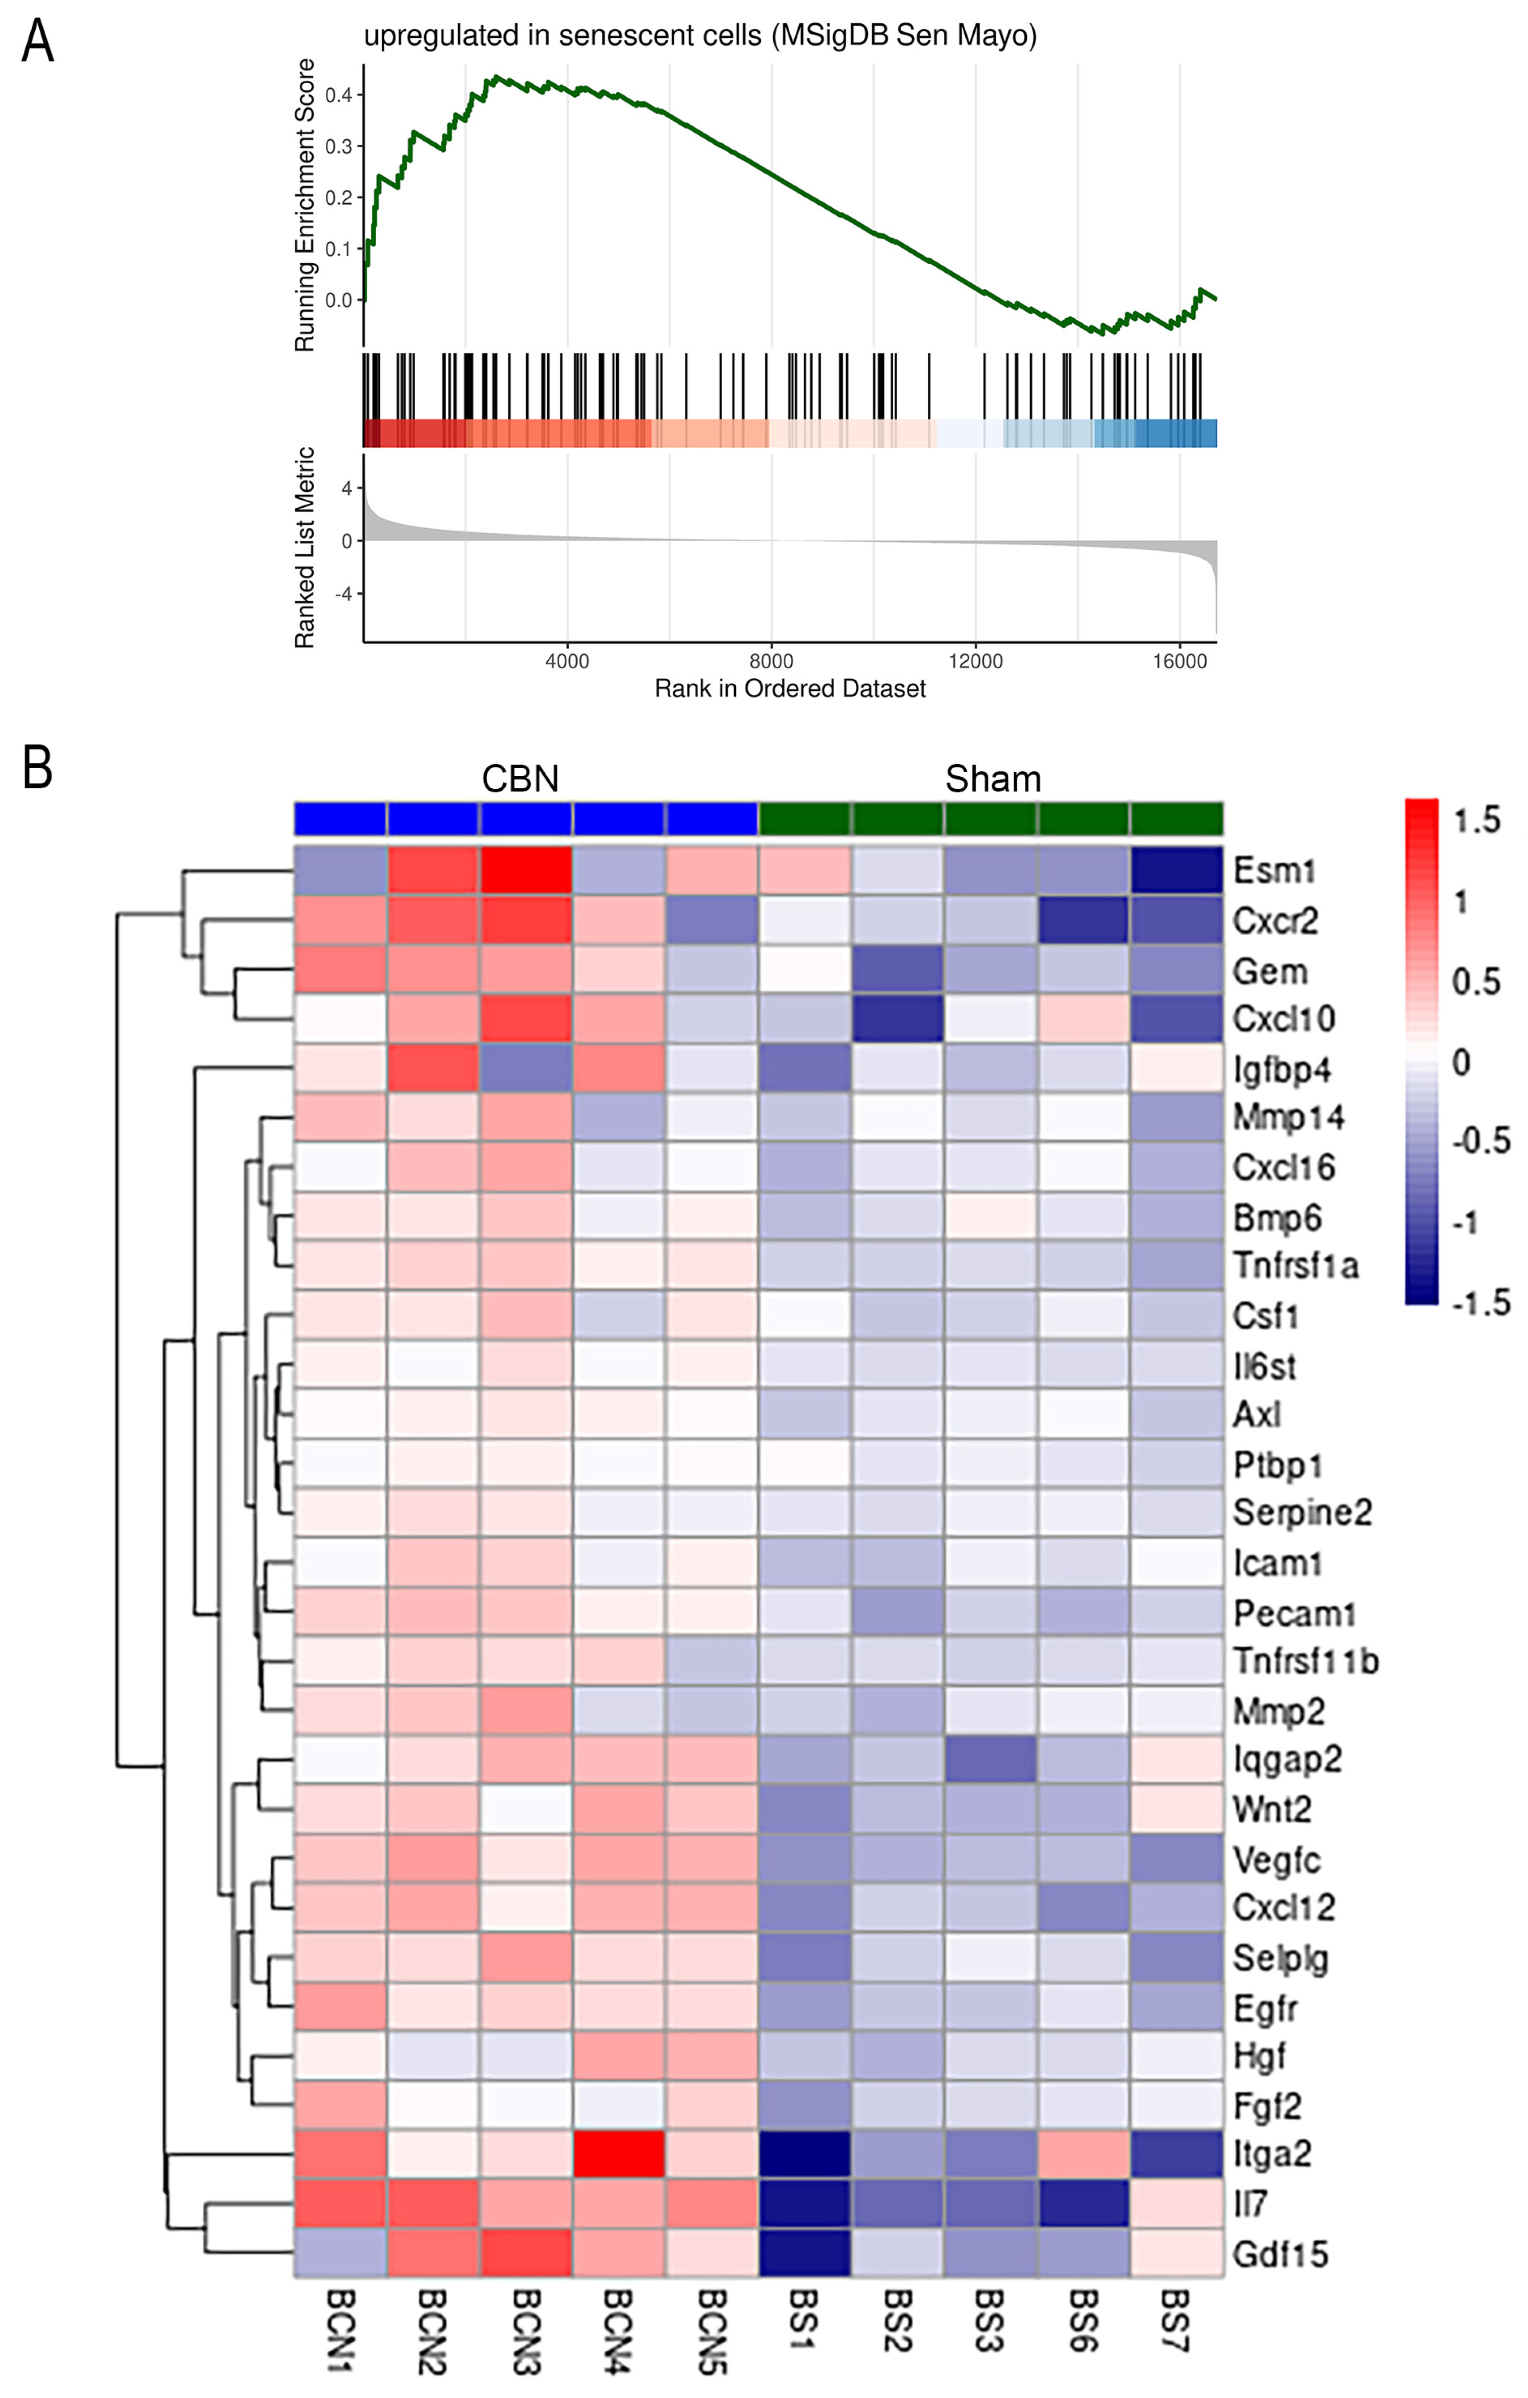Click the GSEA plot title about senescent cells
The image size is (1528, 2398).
[699, 36]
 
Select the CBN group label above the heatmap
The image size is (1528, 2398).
[520, 779]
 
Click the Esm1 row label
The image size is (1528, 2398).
[1274, 870]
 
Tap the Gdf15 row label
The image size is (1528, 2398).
[1280, 2254]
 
